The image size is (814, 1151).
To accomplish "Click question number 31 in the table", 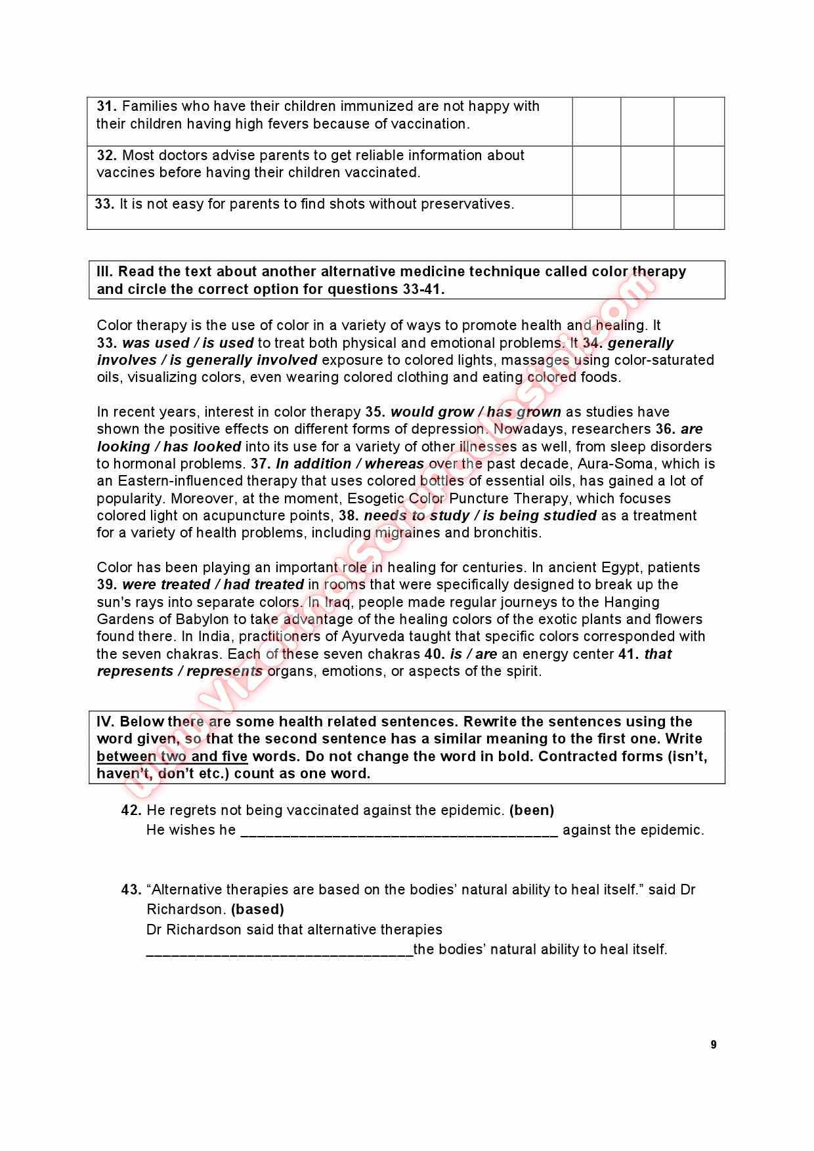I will click(x=106, y=106).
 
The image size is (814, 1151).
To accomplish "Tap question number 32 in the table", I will click(x=106, y=156).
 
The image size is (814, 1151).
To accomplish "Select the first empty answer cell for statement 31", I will click(x=596, y=121).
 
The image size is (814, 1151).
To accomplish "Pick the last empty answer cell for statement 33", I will click(x=699, y=211).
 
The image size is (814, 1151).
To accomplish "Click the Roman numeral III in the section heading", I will click(x=104, y=272).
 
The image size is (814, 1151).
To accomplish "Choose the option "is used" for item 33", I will click(x=228, y=343).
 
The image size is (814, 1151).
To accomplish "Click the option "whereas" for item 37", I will click(x=395, y=464).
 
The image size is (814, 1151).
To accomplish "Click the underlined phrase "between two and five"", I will click(x=172, y=757).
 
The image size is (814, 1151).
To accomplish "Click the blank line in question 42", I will click(x=399, y=832).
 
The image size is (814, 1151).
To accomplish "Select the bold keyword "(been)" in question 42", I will click(x=532, y=810).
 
